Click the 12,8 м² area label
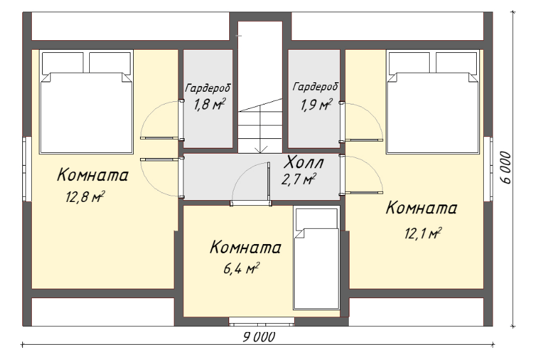(85, 197)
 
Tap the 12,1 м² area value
(423, 233)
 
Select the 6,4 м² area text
(241, 269)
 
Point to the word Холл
(304, 162)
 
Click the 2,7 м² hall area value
(299, 179)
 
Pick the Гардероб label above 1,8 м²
(208, 89)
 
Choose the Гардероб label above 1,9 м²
(315, 87)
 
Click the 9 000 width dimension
(259, 337)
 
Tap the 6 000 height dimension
(507, 168)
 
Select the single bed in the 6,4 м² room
(316, 258)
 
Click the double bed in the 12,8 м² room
(86, 102)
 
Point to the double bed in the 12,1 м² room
(433, 102)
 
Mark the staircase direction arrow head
(261, 150)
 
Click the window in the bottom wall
(262, 322)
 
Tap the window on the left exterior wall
(27, 169)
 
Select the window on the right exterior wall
(488, 169)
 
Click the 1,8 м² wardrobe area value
(210, 104)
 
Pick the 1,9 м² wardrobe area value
(316, 104)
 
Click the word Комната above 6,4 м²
(246, 247)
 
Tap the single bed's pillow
(316, 219)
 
